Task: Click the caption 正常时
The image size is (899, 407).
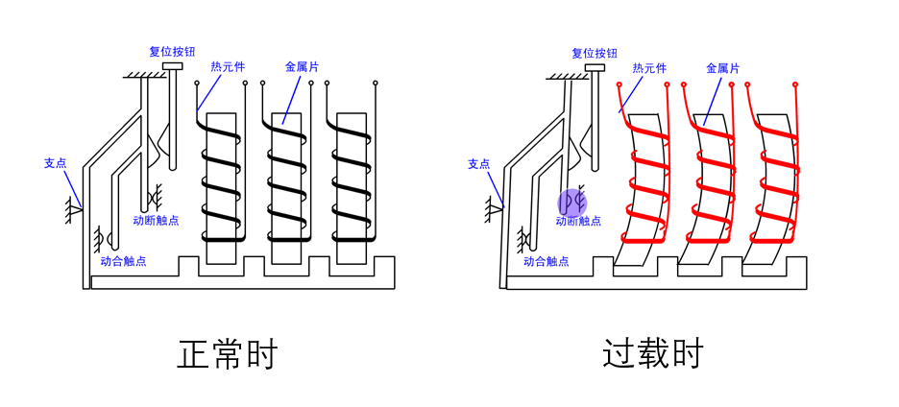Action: click(x=228, y=354)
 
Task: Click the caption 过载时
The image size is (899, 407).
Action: click(x=652, y=354)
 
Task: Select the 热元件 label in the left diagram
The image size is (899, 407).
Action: click(x=228, y=67)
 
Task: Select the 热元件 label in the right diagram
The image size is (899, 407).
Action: click(x=649, y=68)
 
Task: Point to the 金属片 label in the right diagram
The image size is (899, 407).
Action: click(x=722, y=68)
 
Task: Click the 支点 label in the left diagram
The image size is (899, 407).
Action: click(x=56, y=163)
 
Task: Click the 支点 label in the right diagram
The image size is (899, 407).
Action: click(x=478, y=164)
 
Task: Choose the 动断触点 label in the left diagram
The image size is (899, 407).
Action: click(x=156, y=221)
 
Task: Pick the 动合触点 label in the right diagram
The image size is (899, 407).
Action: click(x=547, y=260)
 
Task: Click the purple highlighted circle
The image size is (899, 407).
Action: click(x=572, y=202)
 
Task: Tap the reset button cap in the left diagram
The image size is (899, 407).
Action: click(x=173, y=67)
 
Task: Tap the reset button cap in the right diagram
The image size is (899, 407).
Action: click(x=595, y=68)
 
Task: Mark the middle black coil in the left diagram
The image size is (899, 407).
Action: click(x=286, y=178)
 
